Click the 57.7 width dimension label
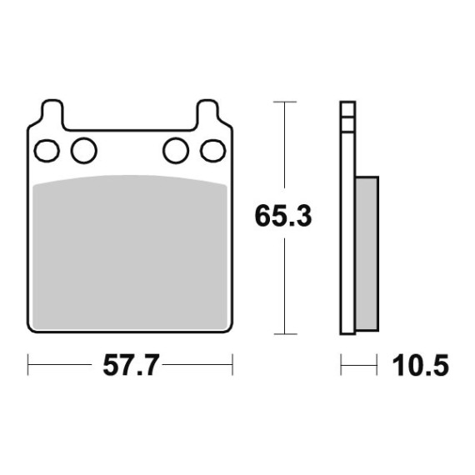click(x=131, y=366)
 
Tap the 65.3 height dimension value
click(x=283, y=216)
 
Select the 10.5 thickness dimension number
click(x=421, y=366)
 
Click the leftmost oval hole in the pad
click(x=47, y=151)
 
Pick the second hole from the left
click(x=84, y=151)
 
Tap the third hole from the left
click(x=176, y=151)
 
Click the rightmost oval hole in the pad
click(x=213, y=151)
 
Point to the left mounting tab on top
click(x=52, y=112)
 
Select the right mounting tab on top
click(x=207, y=112)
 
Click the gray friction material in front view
click(x=130, y=252)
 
